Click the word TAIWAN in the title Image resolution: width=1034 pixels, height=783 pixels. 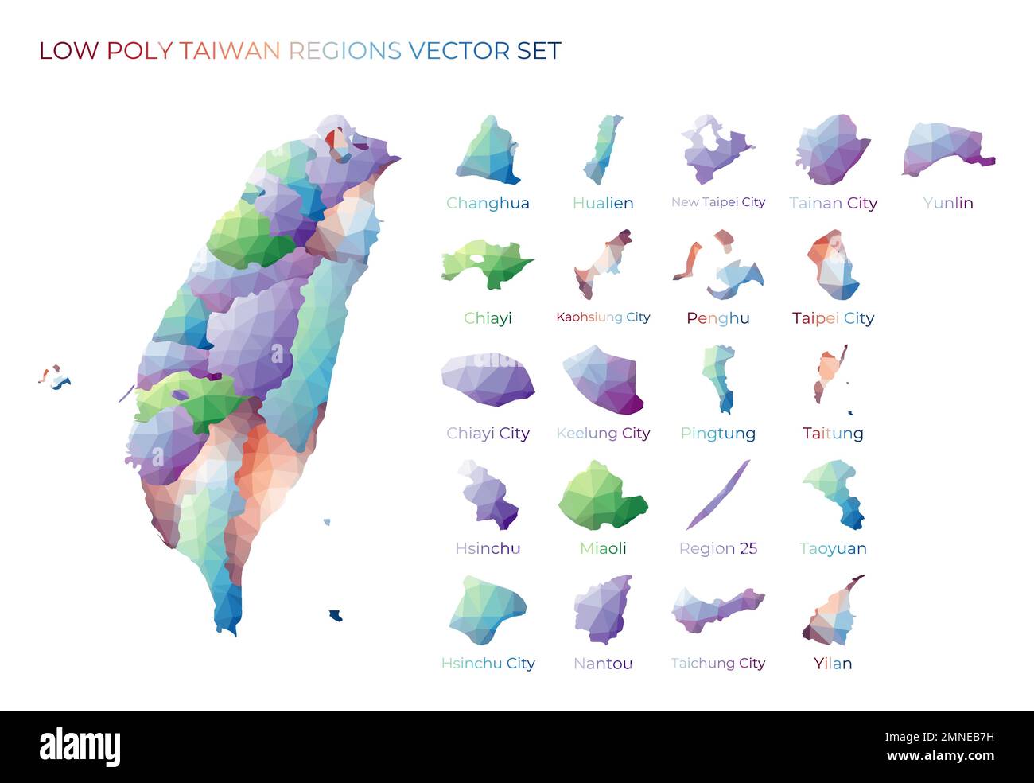[229, 51]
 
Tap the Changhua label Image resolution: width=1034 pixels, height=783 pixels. [488, 203]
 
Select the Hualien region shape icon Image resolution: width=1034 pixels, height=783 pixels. [602, 149]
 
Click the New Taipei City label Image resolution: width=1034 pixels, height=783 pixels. [718, 202]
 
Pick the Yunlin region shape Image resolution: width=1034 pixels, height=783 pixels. [947, 150]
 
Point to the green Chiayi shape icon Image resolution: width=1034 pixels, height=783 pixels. [487, 263]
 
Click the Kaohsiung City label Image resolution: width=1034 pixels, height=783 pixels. [603, 317]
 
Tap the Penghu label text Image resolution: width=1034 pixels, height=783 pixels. [718, 318]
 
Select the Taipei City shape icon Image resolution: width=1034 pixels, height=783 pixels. [833, 266]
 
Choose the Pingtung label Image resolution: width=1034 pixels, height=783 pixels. [718, 434]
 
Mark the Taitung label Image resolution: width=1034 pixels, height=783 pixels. [833, 434]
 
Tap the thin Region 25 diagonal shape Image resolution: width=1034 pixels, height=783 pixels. [718, 495]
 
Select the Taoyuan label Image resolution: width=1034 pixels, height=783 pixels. [833, 548]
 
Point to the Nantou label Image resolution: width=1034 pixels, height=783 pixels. [603, 664]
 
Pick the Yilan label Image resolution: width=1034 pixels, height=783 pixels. [833, 664]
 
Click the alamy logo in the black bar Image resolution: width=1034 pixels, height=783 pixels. [80, 747]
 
